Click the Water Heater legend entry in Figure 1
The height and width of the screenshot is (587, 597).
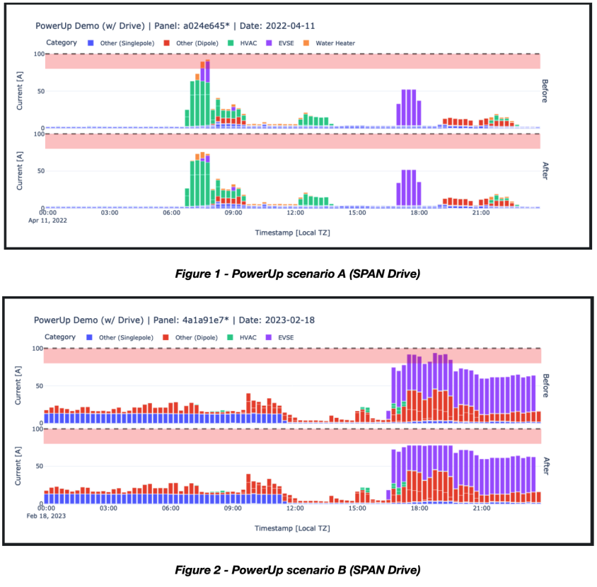[x=334, y=42]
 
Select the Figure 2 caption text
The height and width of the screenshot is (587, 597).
[x=298, y=569]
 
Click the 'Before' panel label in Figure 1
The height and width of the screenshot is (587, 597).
[x=545, y=91]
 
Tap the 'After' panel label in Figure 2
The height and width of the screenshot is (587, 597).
[x=545, y=465]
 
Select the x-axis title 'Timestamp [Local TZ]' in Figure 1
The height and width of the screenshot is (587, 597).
[x=293, y=231]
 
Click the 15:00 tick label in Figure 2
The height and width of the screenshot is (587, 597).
[x=357, y=508]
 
